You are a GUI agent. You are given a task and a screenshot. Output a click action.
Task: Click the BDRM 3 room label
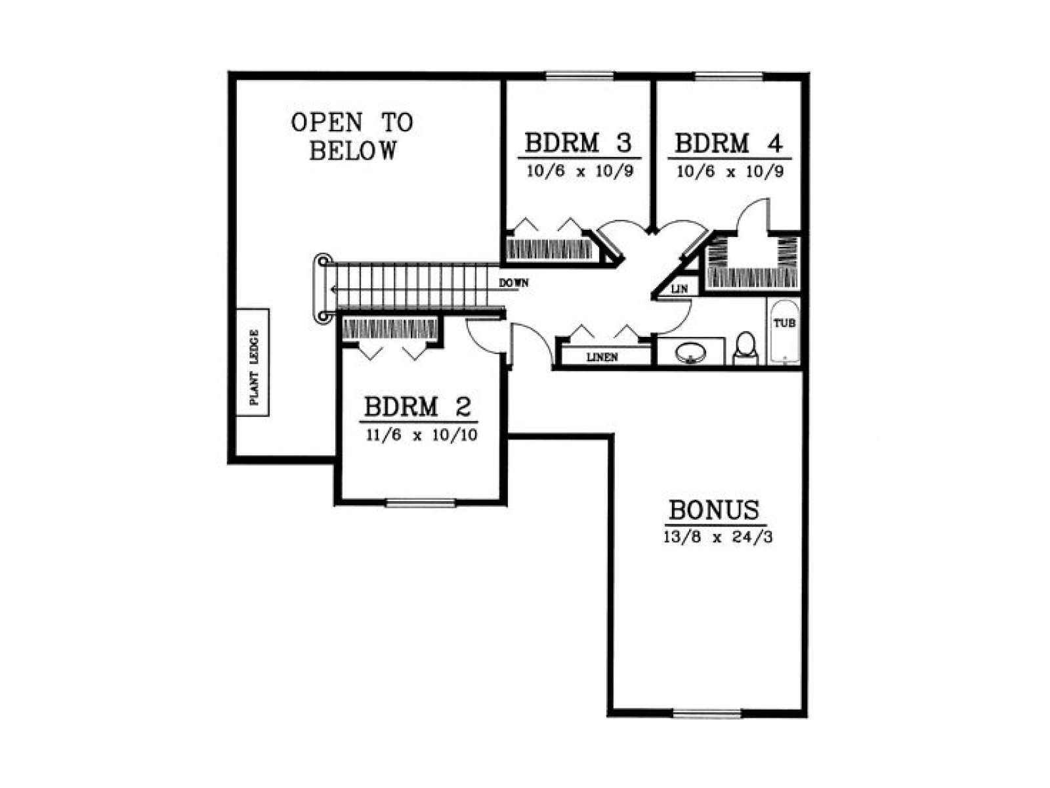pyautogui.click(x=578, y=142)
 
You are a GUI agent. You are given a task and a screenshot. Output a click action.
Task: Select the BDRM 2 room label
pyautogui.click(x=417, y=406)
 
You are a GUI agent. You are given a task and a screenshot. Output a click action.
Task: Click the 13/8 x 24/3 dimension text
pyautogui.click(x=717, y=536)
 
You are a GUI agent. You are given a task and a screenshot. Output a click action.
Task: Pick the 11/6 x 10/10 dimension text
pyautogui.click(x=421, y=435)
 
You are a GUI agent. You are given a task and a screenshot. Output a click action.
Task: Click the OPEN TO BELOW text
pyautogui.click(x=352, y=137)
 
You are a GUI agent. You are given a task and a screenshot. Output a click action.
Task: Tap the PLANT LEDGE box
pyautogui.click(x=253, y=362)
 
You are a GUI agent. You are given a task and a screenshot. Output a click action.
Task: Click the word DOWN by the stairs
pyautogui.click(x=514, y=283)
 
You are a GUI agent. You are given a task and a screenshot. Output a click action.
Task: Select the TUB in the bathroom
pyautogui.click(x=784, y=330)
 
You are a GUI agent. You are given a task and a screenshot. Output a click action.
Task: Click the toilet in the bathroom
pyautogui.click(x=745, y=349)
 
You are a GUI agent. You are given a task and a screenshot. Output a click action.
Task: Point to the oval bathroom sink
pyautogui.click(x=690, y=353)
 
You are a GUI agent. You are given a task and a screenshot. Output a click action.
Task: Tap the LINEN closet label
pyautogui.click(x=602, y=357)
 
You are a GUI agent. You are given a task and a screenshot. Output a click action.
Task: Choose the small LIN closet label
pyautogui.click(x=679, y=288)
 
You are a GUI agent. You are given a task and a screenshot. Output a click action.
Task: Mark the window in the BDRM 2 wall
pyautogui.click(x=421, y=503)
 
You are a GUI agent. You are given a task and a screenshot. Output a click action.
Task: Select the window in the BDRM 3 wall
pyautogui.click(x=579, y=76)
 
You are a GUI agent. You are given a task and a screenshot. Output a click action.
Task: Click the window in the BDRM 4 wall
pyautogui.click(x=728, y=76)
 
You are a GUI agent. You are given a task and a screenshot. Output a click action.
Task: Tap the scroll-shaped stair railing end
pyautogui.click(x=322, y=288)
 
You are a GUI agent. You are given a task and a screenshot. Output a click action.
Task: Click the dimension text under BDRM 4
pyautogui.click(x=730, y=171)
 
